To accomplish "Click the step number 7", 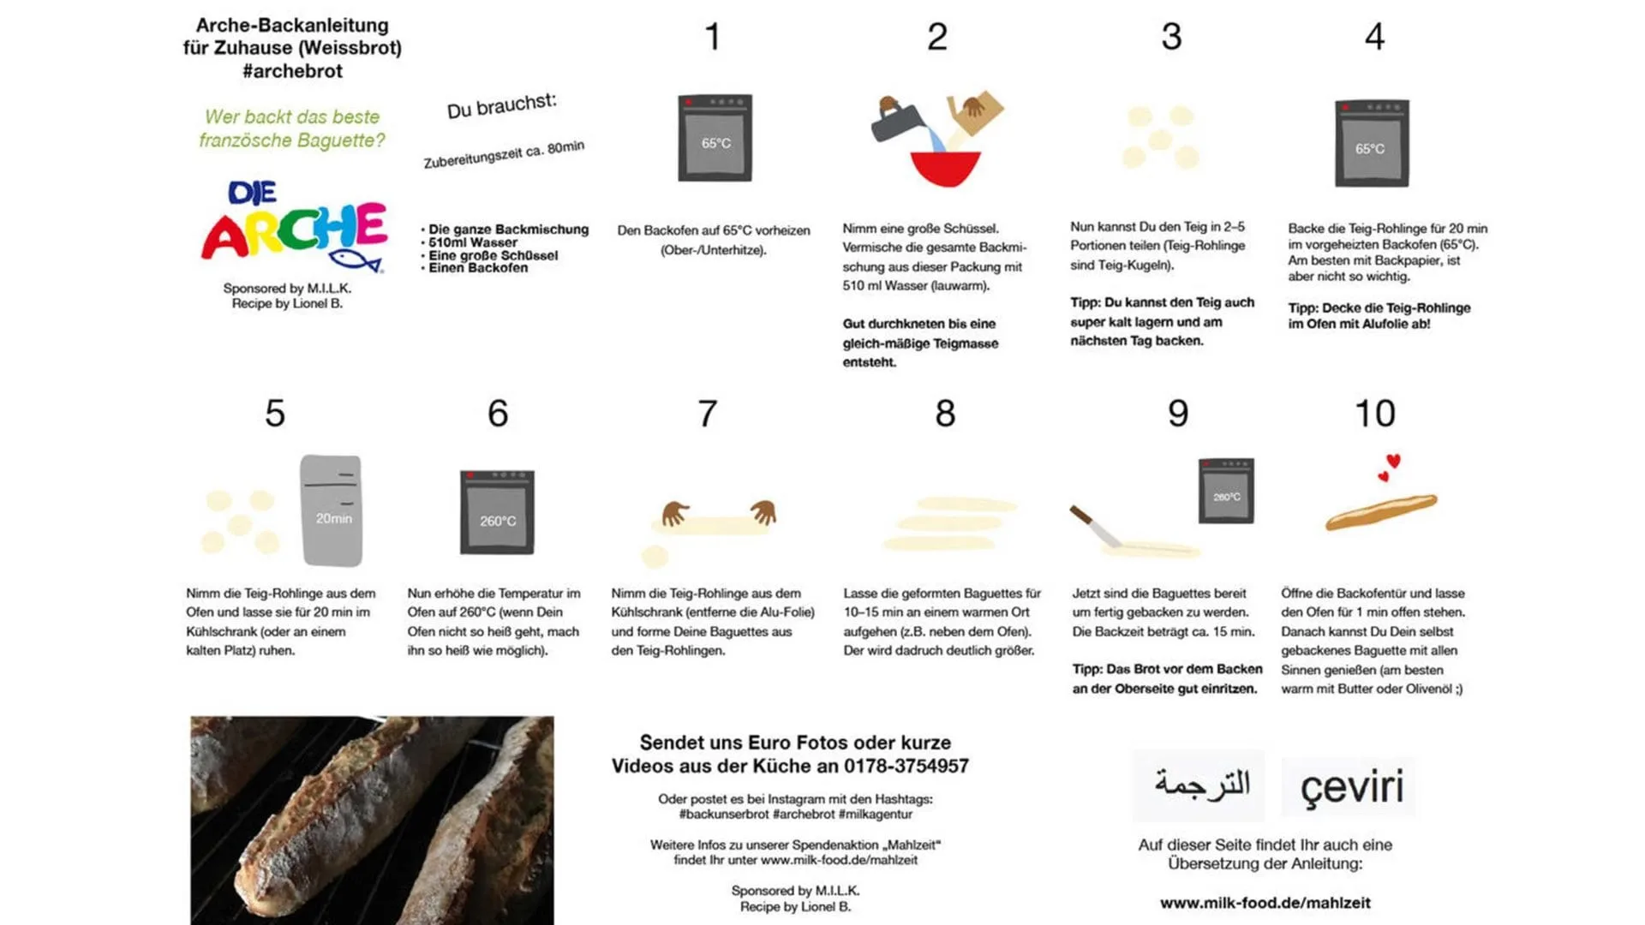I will click(707, 414).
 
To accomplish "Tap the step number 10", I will click(1374, 414).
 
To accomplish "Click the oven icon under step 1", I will click(715, 138).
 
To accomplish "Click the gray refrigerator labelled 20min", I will click(332, 510).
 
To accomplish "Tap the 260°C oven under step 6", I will click(497, 512).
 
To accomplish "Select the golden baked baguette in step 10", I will click(1380, 512).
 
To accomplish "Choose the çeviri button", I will click(1350, 786).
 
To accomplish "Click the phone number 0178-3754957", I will click(906, 766).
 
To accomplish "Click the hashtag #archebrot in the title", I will click(292, 71).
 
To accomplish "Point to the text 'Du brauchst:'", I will click(501, 106).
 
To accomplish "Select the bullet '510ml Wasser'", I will click(473, 242).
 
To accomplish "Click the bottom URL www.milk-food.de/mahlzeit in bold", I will click(1265, 903).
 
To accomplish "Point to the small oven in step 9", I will click(1226, 491).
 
